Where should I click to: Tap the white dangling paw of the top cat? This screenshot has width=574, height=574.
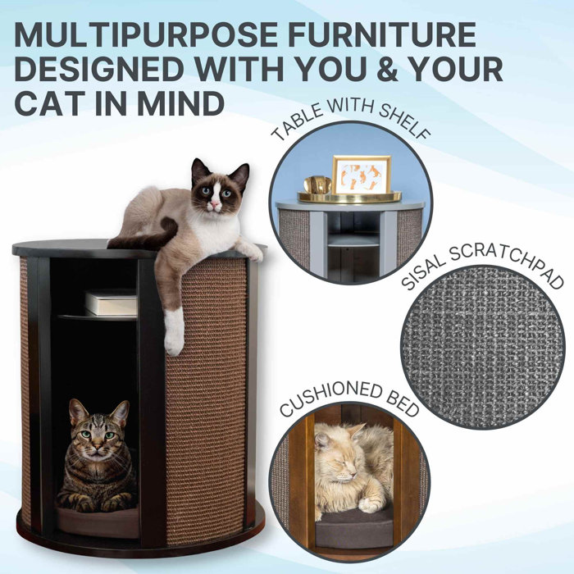pos(173,332)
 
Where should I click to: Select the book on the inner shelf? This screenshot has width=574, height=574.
pos(111,303)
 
